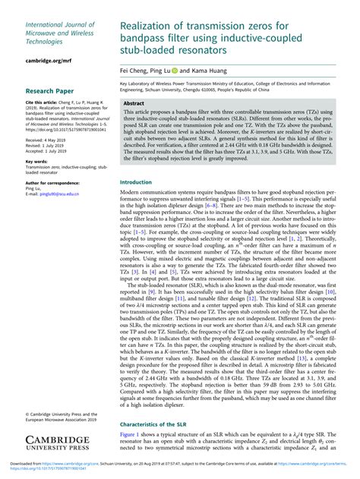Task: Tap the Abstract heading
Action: click(x=134, y=102)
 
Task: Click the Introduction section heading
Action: click(x=136, y=182)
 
